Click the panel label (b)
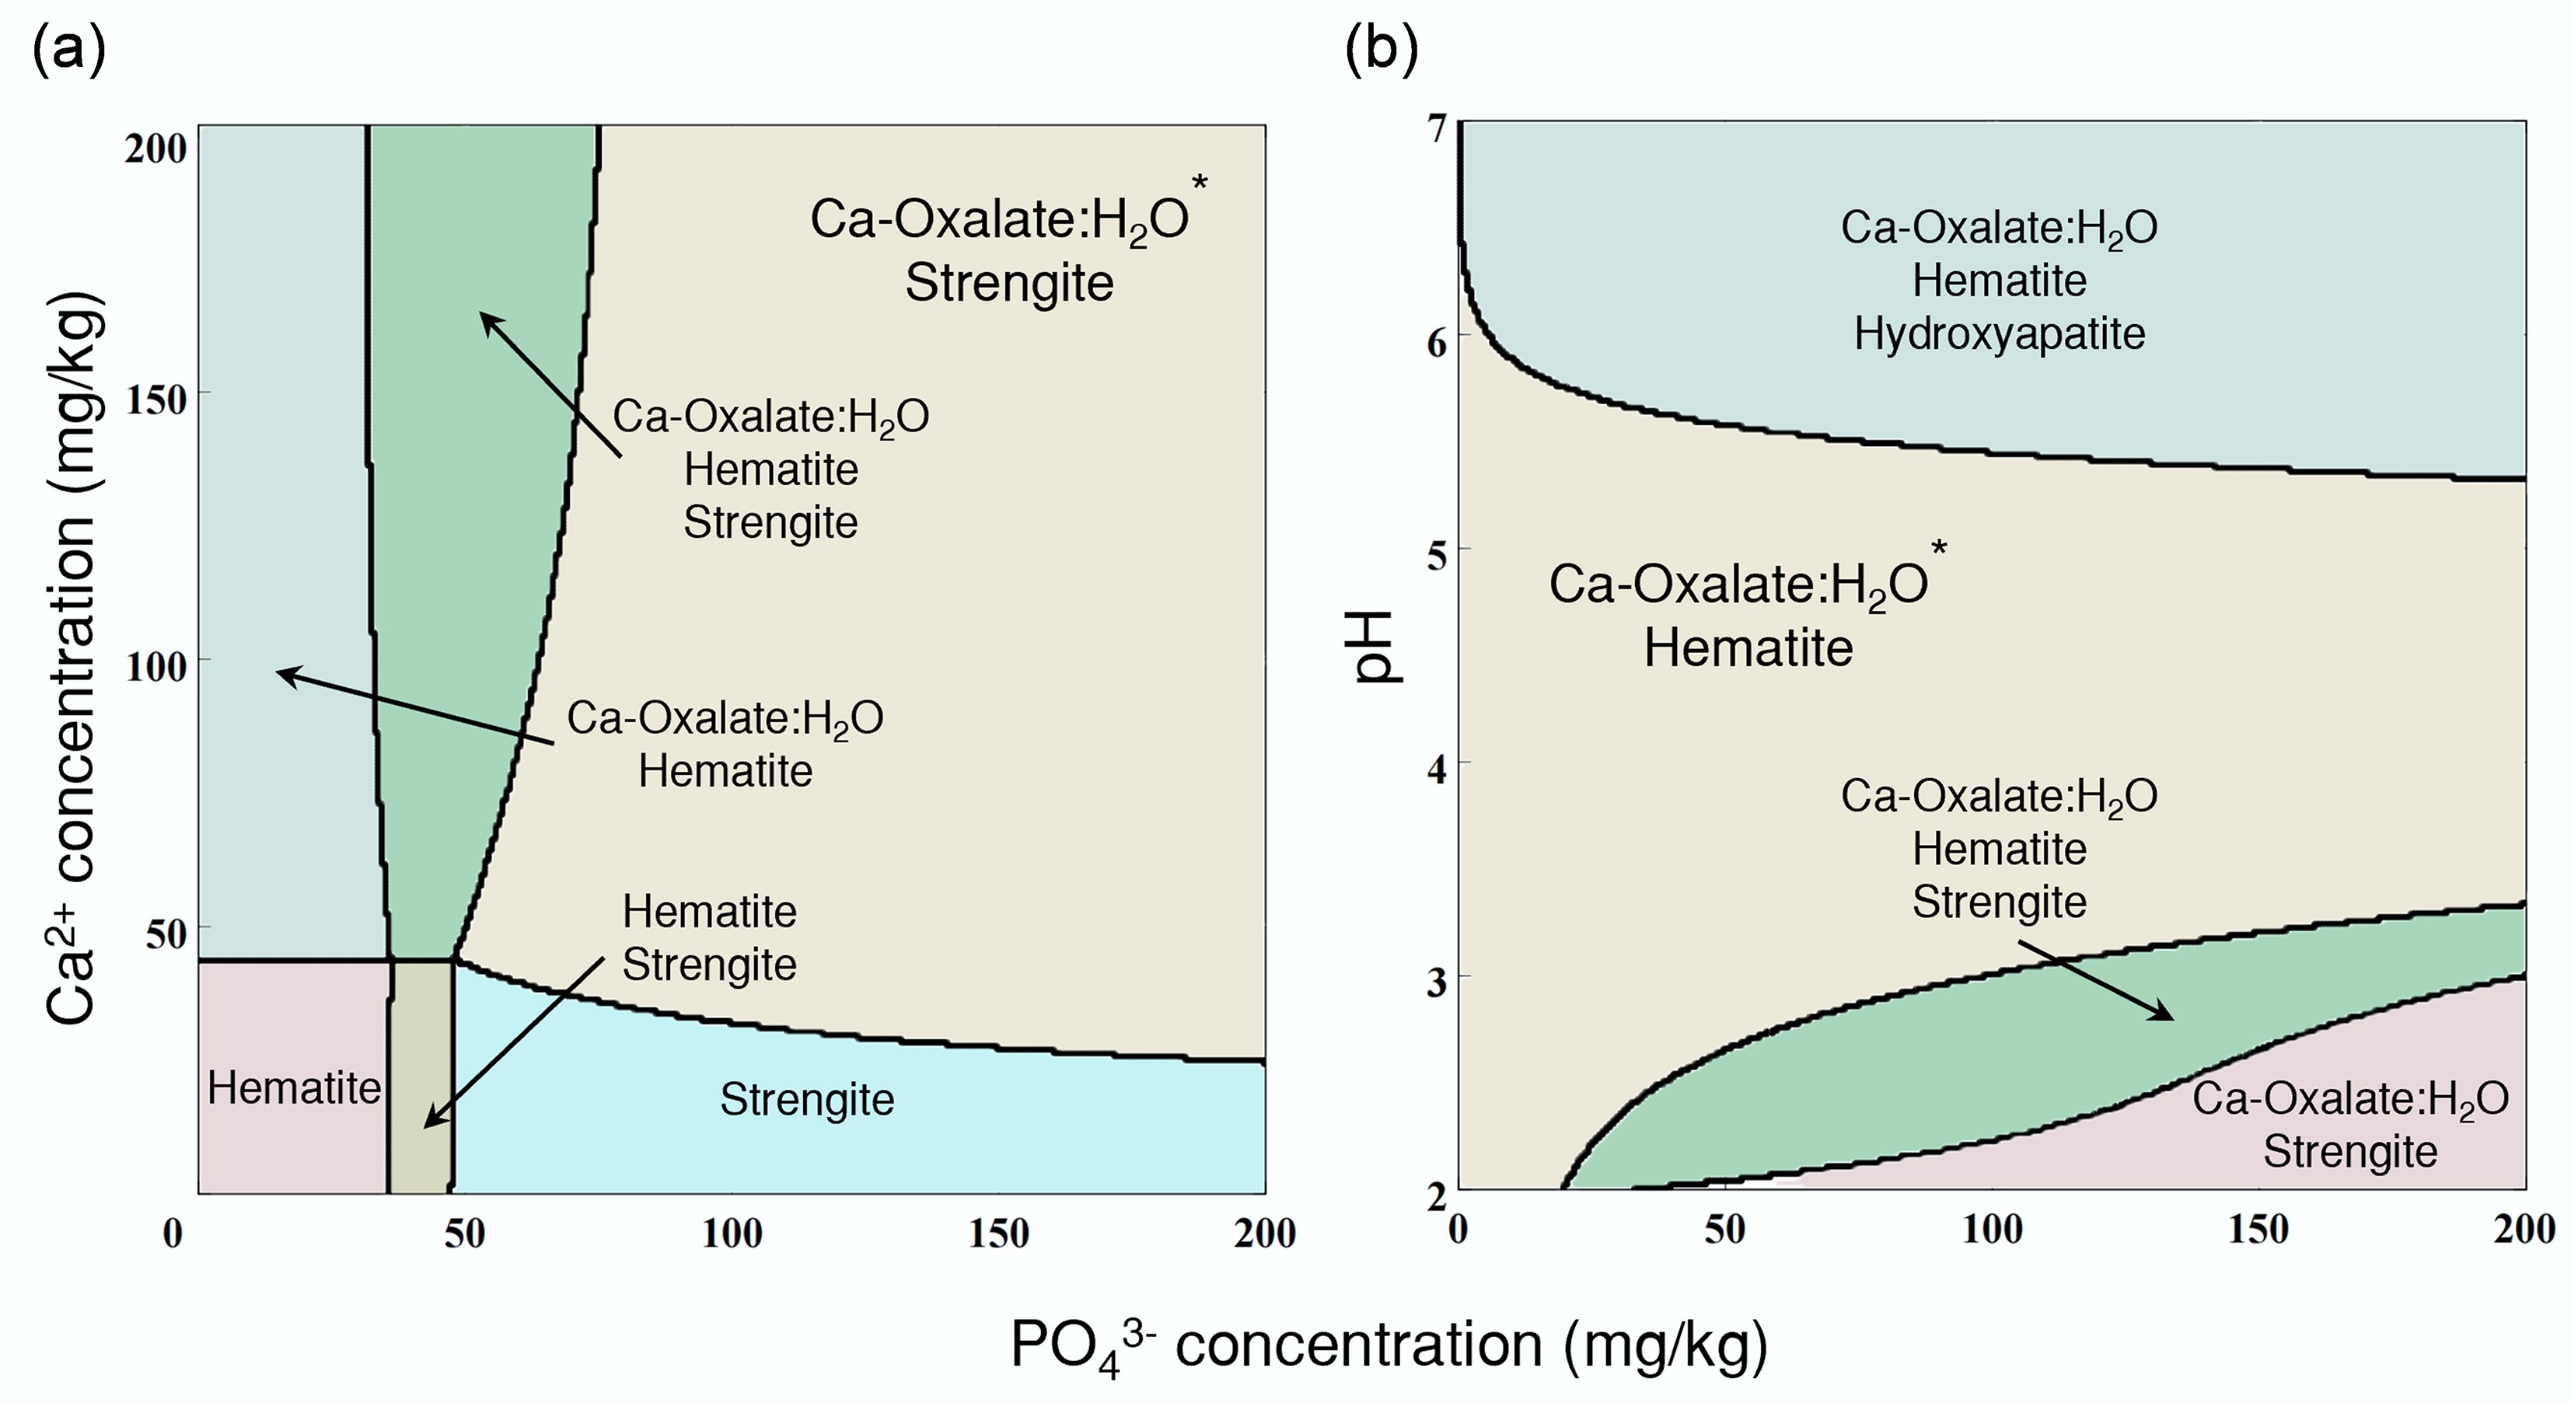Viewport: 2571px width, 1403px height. [1382, 50]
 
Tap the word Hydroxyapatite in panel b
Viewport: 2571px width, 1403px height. [1999, 333]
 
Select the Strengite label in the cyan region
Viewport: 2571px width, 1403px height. [806, 1100]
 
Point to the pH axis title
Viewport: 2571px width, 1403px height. [1379, 647]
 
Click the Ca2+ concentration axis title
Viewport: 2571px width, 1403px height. [72, 658]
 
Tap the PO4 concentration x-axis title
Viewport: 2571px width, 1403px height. [1389, 1345]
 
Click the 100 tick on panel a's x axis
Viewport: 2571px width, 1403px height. [732, 1234]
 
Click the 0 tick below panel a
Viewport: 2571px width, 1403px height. [173, 1234]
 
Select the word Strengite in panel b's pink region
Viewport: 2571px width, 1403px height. [2349, 1151]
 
